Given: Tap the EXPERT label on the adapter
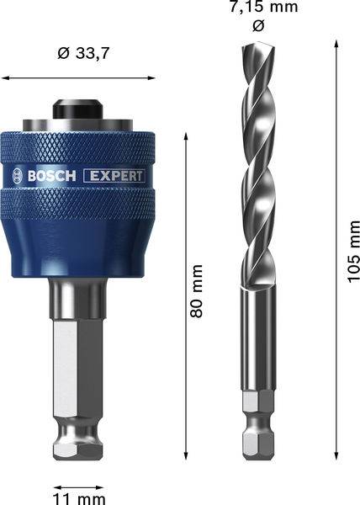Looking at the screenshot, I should tap(114, 176).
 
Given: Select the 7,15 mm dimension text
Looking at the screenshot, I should tap(258, 8).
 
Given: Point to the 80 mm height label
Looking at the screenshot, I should tap(198, 291).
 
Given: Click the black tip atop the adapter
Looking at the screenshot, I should tap(79, 110).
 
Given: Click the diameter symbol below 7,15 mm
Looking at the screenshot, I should tap(258, 26).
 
